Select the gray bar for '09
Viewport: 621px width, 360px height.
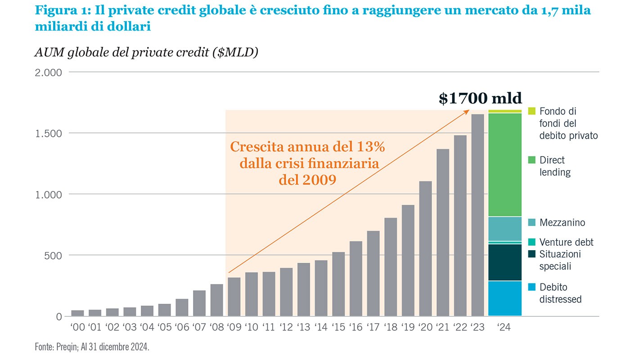point(234,297)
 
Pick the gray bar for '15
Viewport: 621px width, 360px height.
point(338,284)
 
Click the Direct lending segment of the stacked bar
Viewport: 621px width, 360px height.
point(505,165)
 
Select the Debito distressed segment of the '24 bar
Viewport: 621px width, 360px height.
point(505,298)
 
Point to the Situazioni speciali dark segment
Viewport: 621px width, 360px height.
point(505,262)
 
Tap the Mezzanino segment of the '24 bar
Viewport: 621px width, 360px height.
point(505,229)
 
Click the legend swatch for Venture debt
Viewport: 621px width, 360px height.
point(532,243)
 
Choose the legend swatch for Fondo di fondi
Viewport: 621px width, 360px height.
point(532,111)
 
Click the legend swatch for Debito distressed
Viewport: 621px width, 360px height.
point(532,287)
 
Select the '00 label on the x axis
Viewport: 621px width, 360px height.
point(77,327)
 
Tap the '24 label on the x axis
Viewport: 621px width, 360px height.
point(505,327)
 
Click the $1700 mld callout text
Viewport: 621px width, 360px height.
point(480,99)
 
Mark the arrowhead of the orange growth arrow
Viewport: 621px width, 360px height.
point(468,111)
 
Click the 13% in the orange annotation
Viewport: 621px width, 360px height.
point(371,147)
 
